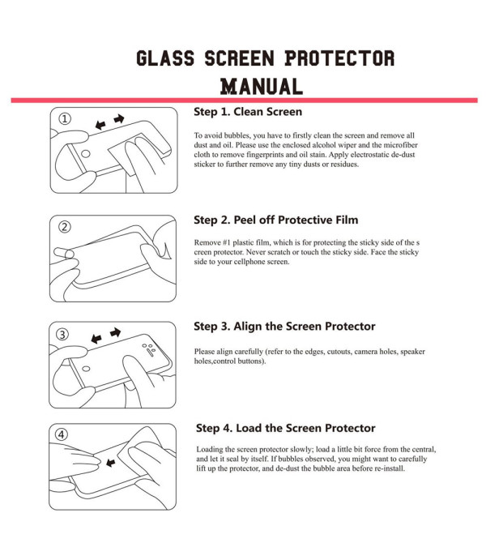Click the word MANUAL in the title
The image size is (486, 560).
point(262,87)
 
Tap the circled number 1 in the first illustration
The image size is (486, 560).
point(65,118)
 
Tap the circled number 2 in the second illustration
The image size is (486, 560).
point(65,226)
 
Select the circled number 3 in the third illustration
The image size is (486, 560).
point(62,334)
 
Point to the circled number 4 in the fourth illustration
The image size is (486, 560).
point(62,434)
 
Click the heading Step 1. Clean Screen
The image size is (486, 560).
point(248,112)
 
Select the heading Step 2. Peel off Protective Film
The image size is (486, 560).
point(276,220)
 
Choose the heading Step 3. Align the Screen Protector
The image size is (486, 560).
point(284,327)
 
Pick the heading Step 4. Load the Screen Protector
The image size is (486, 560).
point(285,428)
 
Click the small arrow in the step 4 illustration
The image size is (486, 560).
point(111,463)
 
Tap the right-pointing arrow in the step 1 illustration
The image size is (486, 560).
point(119,118)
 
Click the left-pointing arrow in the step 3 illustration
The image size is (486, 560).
point(96,338)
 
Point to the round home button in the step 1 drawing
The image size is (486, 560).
point(86,154)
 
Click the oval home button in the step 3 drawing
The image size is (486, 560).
point(86,369)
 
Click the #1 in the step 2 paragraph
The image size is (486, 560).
point(227,243)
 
